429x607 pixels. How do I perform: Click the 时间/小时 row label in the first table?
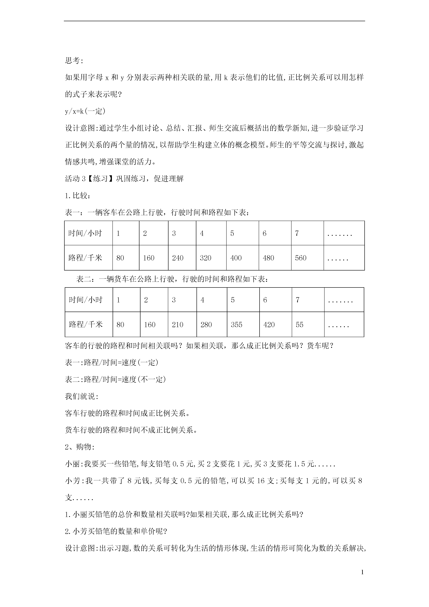pos(85,233)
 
